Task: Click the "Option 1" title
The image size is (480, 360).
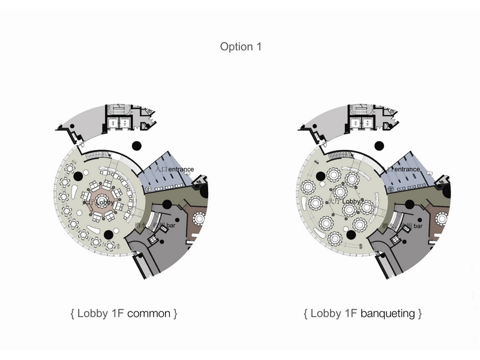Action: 241,46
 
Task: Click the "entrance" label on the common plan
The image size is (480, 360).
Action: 181,170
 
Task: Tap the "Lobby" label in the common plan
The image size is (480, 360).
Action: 104,203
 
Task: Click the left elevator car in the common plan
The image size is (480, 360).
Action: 112,122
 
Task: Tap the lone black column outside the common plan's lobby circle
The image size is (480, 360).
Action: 137,145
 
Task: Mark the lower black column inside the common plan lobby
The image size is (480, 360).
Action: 109,235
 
